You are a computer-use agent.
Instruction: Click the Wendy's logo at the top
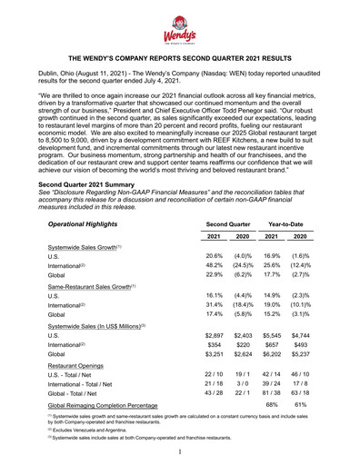click(180, 27)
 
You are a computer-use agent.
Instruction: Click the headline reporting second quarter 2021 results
click(180, 66)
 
